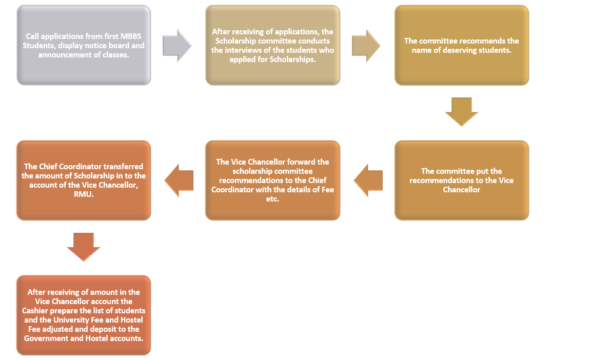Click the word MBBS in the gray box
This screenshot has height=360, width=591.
click(131, 36)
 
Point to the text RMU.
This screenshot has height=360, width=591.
click(84, 194)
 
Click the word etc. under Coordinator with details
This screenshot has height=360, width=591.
click(272, 199)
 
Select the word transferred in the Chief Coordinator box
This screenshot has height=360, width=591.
click(123, 167)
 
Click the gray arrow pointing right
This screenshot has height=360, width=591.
click(177, 46)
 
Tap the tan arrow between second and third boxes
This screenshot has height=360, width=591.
click(366, 46)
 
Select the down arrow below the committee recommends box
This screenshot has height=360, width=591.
click(462, 112)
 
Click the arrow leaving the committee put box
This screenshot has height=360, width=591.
click(368, 181)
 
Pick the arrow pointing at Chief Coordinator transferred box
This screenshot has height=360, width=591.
click(179, 181)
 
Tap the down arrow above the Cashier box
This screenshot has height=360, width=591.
click(84, 247)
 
